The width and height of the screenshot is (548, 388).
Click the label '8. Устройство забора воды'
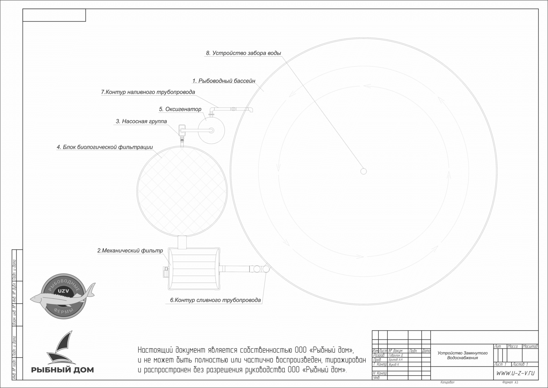tap(243, 53)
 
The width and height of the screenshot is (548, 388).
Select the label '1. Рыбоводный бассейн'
tap(224, 81)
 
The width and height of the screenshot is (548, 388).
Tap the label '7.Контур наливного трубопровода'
tap(148, 92)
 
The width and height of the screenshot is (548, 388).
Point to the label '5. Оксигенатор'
tap(180, 109)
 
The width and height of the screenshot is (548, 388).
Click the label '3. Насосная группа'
tap(141, 121)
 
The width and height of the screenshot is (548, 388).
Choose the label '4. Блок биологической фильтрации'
tap(105, 147)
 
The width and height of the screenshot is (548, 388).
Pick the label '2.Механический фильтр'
tap(130, 251)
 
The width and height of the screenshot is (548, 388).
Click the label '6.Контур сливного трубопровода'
tap(215, 300)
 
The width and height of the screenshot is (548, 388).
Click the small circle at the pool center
tap(363, 171)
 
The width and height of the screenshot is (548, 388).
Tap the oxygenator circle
tap(212, 131)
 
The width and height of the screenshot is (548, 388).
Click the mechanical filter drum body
tap(194, 269)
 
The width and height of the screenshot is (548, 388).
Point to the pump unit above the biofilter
tap(182, 130)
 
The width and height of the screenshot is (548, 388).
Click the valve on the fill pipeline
tap(233, 109)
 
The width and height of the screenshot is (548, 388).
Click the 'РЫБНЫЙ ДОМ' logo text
tap(63, 370)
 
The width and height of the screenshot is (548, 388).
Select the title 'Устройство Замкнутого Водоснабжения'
tap(463, 355)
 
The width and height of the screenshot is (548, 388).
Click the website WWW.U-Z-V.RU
tap(515, 373)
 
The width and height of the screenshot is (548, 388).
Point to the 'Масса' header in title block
tap(513, 346)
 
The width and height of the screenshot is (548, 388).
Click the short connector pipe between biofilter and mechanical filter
tap(182, 242)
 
